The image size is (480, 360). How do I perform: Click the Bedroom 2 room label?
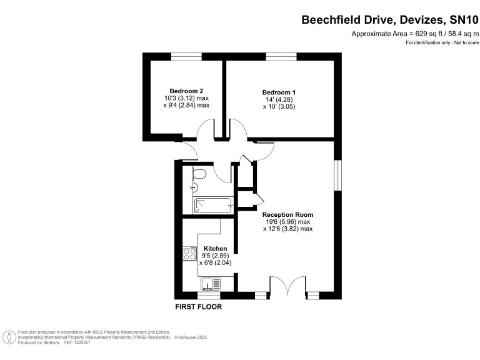[186, 91]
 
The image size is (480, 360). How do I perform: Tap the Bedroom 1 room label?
[279, 92]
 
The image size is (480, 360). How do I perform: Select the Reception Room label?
[287, 214]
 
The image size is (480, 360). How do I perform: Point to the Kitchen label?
[215, 249]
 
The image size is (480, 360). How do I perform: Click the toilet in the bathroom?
[199, 174]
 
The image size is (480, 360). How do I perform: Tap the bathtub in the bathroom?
[213, 206]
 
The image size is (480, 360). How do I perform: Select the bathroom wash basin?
[194, 186]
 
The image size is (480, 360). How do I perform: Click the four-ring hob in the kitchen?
[189, 254]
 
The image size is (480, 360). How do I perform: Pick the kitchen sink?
[210, 284]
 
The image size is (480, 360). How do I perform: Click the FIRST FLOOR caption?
[198, 306]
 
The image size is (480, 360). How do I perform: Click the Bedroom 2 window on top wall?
[186, 57]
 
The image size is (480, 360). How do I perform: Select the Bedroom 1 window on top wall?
[281, 57]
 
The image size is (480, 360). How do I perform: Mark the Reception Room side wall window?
[337, 175]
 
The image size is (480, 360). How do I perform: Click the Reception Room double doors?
[287, 285]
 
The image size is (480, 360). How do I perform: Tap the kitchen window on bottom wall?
[209, 296]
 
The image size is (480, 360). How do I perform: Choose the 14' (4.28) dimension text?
[279, 99]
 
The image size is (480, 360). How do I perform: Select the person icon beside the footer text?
[10, 337]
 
